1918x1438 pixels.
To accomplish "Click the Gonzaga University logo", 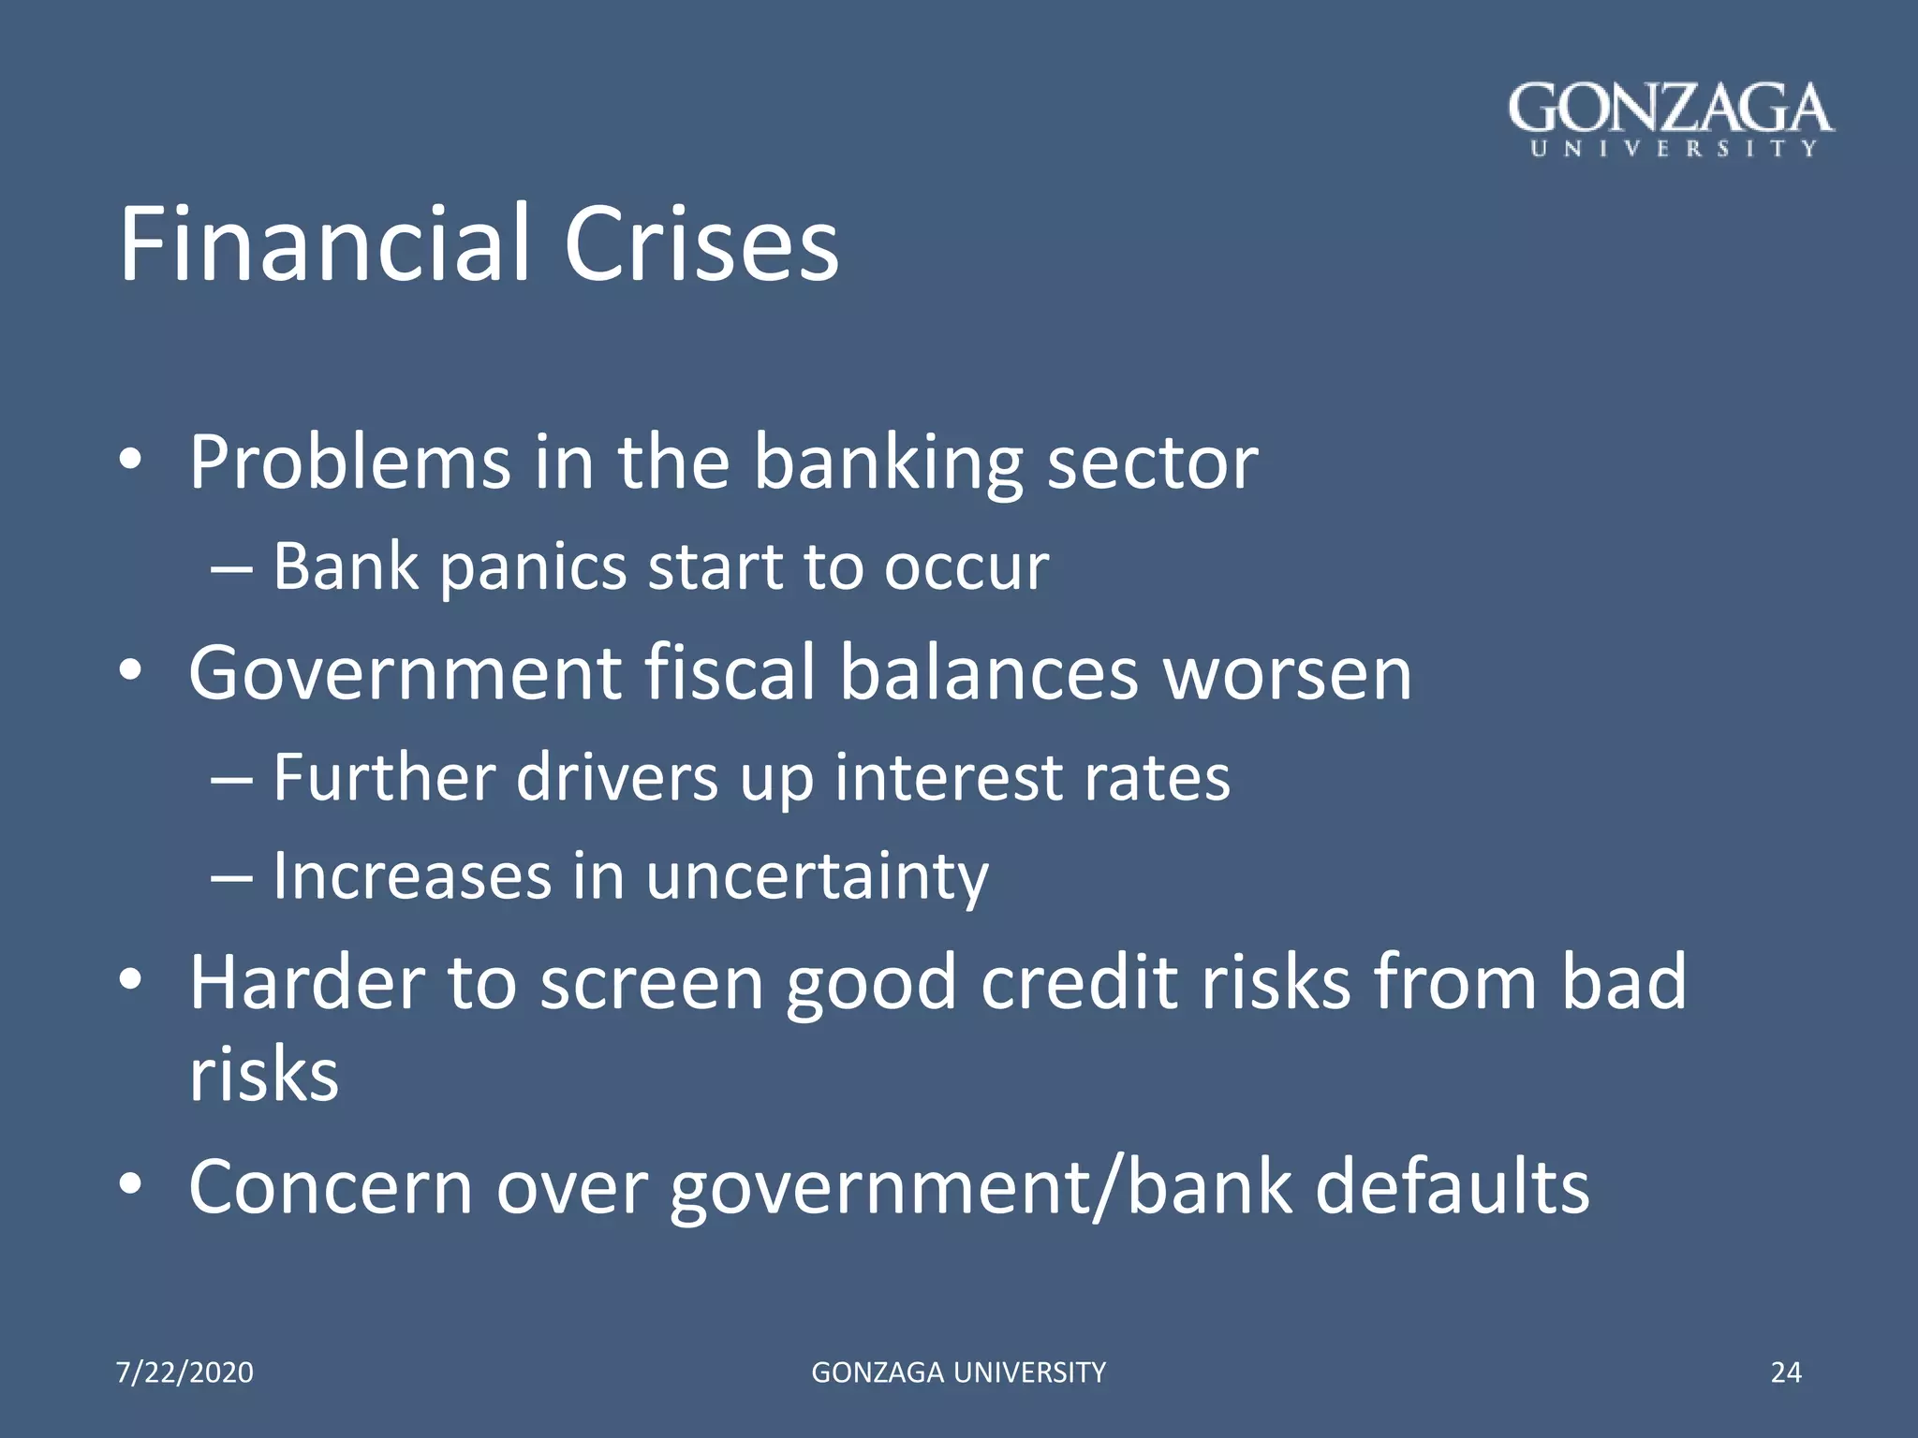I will (1671, 120).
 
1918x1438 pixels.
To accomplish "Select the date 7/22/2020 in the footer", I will (184, 1372).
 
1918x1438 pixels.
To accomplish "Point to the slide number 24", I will (1786, 1372).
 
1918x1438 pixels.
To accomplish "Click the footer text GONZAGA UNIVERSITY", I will (958, 1372).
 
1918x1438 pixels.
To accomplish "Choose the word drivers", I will (617, 778).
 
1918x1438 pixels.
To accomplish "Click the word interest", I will (947, 778).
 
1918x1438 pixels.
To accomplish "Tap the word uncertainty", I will (817, 879).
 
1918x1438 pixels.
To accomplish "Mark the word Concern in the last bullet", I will (331, 1187).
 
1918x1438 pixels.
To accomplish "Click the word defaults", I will (1452, 1187).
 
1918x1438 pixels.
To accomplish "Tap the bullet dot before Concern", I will (130, 1185).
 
